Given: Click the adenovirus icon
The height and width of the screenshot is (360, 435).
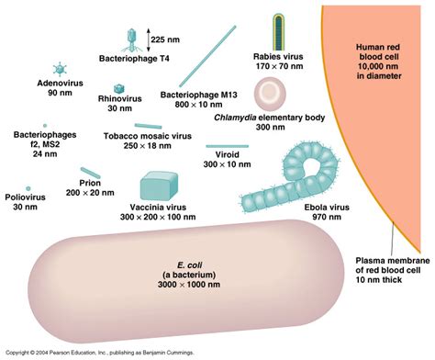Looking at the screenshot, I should pos(61,69).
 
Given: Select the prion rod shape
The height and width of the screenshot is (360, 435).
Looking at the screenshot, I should pos(91,172).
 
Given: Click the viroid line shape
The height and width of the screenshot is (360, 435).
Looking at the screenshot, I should pos(228,146).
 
